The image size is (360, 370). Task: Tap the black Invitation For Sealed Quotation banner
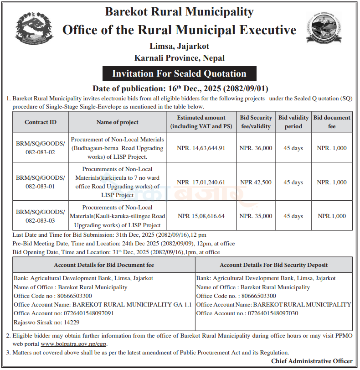[x=179, y=74]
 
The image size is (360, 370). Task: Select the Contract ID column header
[x=41, y=122]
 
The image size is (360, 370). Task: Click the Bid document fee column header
[x=332, y=122]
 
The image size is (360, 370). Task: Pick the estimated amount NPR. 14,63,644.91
[x=201, y=148]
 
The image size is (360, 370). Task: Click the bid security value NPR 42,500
[x=256, y=182]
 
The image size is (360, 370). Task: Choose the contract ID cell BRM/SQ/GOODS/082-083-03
[x=41, y=216]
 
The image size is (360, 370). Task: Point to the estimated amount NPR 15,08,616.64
[x=201, y=216]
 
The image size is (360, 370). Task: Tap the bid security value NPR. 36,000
[x=256, y=148]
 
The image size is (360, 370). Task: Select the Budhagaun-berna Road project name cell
[x=118, y=148]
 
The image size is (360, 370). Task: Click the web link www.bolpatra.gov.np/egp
[x=73, y=344]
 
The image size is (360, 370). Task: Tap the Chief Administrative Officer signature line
[x=312, y=361]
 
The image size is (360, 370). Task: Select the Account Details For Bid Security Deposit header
[x=273, y=265]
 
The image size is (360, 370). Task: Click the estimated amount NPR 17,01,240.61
[x=201, y=182]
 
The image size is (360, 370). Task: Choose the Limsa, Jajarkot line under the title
[x=179, y=46]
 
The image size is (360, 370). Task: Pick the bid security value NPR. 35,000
[x=256, y=216]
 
